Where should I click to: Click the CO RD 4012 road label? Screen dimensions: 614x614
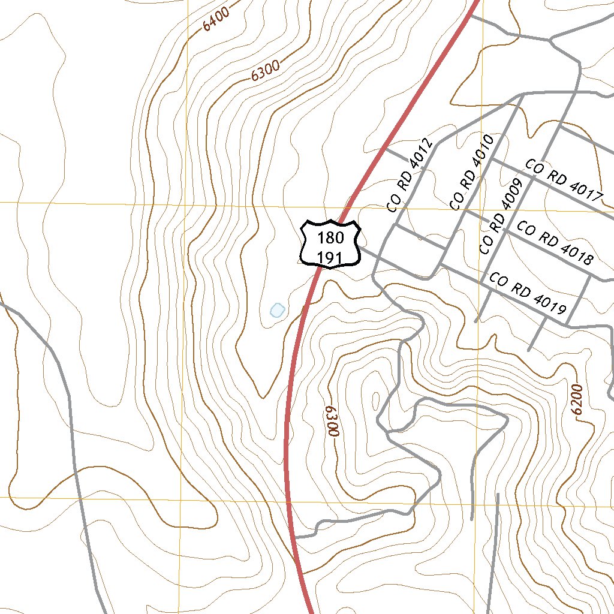coord(410,175)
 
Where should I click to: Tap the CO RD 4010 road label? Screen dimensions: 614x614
coord(471,173)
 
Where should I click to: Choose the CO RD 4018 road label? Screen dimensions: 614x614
coord(555,243)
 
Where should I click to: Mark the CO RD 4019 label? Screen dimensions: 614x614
coord(528,294)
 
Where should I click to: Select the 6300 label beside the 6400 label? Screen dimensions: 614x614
coord(266,73)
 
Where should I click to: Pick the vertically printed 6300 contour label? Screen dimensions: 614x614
coord(332,421)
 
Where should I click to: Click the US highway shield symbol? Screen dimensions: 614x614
coord(330,244)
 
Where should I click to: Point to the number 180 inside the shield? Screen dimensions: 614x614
coord(330,237)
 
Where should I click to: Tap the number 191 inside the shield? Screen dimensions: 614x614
coord(330,257)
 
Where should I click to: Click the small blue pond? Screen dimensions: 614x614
coord(276,310)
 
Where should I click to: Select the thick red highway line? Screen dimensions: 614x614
coord(287,456)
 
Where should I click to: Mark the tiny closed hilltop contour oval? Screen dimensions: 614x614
coord(376,401)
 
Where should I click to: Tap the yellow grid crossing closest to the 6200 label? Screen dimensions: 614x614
coord(477,502)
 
